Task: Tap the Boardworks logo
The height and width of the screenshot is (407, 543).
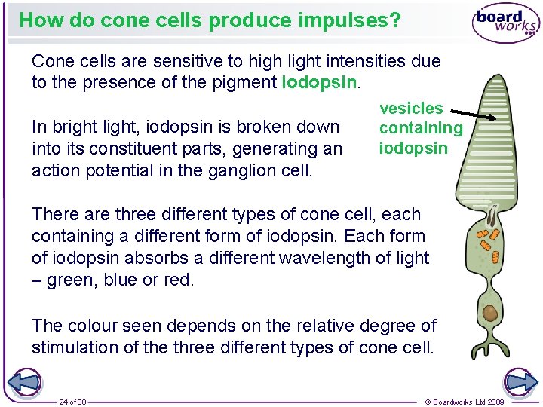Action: click(x=505, y=23)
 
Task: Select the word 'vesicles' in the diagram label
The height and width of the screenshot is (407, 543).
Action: click(x=411, y=109)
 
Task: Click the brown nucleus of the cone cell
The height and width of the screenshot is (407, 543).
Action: click(x=490, y=313)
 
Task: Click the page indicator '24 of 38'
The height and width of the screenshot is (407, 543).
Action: click(x=73, y=402)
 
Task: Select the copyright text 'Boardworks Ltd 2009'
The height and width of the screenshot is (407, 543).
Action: click(x=465, y=402)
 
